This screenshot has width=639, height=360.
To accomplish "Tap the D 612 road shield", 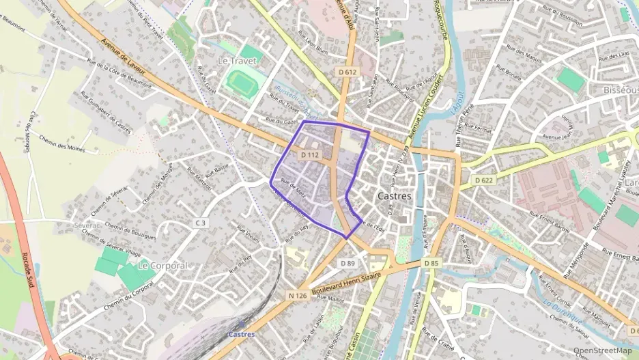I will [347, 72].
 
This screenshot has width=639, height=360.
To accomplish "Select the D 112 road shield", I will [310, 155].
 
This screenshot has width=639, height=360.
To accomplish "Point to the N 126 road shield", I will [296, 295].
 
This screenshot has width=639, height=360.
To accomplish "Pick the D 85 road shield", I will [430, 263].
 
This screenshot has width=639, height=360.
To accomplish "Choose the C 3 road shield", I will [200, 223].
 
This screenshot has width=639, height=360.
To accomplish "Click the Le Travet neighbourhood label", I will [231, 61].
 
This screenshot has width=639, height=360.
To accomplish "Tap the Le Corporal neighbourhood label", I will [162, 264].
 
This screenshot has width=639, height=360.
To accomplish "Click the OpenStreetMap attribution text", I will [602, 350].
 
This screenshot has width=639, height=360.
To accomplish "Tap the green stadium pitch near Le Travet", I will [240, 84].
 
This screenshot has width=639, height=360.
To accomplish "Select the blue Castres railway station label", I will [241, 334].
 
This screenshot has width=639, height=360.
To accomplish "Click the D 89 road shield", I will [347, 263].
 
